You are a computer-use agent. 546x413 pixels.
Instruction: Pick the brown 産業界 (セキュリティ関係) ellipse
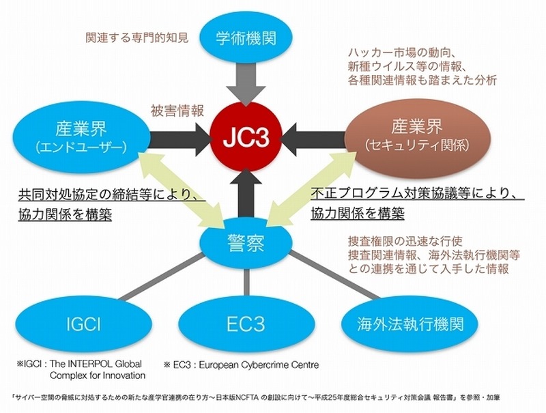coord(417,135)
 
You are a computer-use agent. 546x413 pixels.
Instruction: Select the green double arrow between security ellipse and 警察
coord(311,189)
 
